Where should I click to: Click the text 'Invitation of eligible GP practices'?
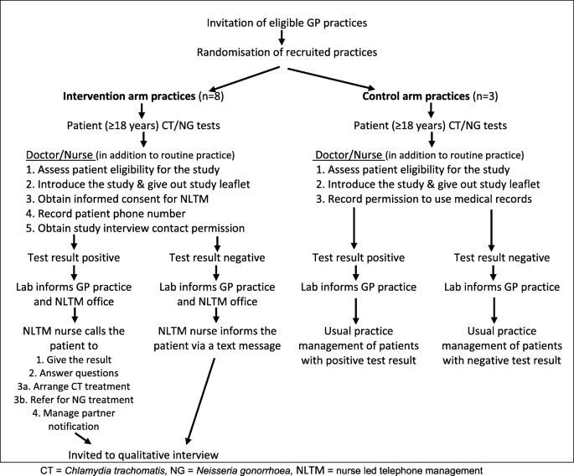coord(287,23)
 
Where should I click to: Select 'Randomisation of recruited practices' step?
coord(287,52)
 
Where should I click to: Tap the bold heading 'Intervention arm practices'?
coord(129,96)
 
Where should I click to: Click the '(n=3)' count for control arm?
coord(485,96)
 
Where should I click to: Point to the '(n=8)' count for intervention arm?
coord(211,96)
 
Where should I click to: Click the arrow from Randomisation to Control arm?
coord(331,79)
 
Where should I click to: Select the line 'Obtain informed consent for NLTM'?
coord(117,199)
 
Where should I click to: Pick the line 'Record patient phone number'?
coord(106,214)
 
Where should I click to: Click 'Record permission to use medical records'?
coord(424,199)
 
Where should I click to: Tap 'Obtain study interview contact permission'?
coord(135,229)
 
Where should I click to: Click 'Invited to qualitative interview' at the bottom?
coord(143,455)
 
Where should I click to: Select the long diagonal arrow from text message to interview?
coord(200,401)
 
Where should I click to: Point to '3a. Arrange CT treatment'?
coord(74,386)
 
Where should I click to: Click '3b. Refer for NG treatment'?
coord(74,400)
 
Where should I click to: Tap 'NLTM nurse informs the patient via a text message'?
coord(217,339)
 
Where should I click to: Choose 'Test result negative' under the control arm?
coord(502,258)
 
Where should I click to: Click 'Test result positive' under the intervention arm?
coord(74,258)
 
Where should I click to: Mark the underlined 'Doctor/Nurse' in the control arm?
coord(349,155)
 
